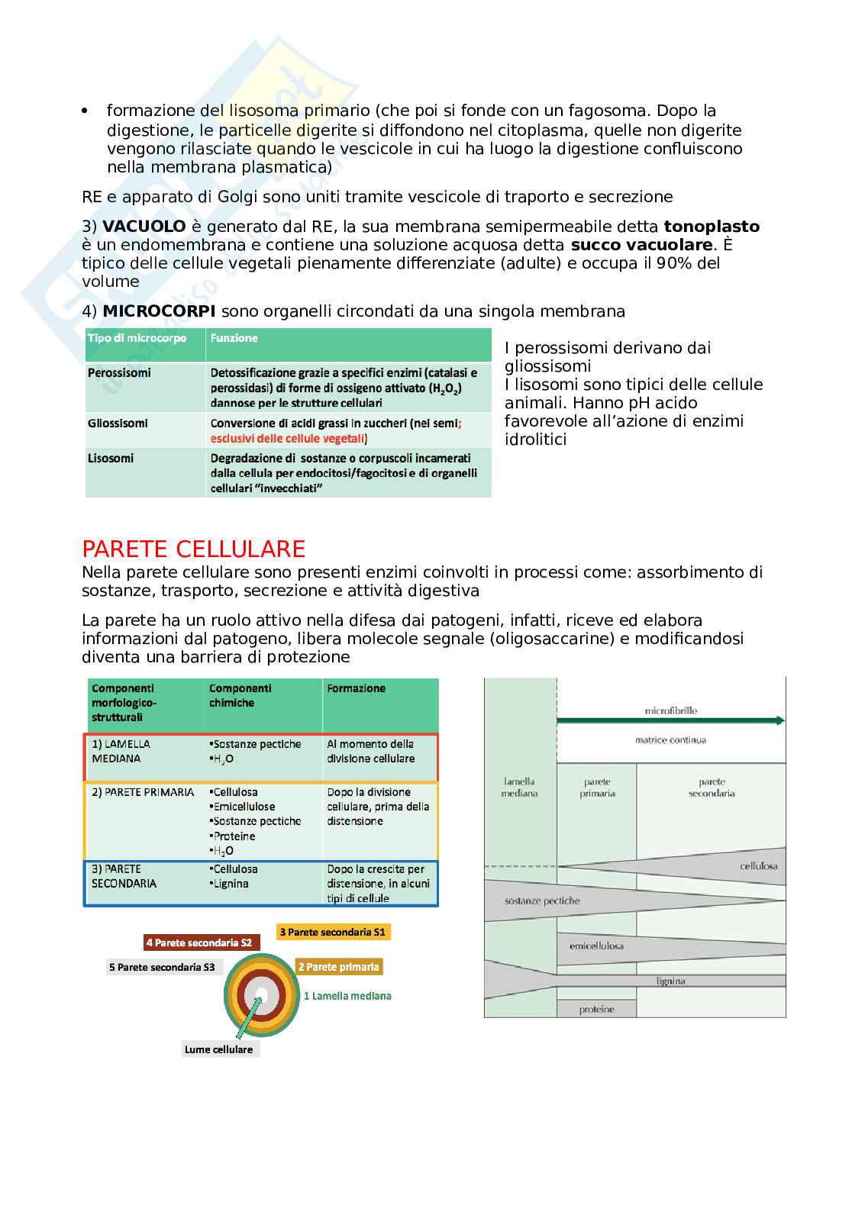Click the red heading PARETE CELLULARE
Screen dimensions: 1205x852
(x=193, y=549)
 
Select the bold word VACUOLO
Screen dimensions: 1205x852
(x=144, y=226)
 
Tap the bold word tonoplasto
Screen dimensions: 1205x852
(x=712, y=226)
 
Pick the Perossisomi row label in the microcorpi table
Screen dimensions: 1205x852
(x=119, y=372)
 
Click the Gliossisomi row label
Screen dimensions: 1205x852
(x=118, y=423)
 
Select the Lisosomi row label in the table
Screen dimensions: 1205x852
(x=111, y=458)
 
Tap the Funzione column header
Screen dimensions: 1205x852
(x=234, y=338)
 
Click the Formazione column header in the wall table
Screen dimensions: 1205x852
(x=356, y=688)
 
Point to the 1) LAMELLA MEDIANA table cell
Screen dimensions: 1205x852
(x=121, y=751)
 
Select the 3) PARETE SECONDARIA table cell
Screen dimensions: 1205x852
(x=124, y=876)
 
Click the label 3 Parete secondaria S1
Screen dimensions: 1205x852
(x=333, y=932)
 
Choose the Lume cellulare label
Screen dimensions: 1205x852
(x=218, y=1049)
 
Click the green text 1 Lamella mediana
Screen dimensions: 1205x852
(x=347, y=995)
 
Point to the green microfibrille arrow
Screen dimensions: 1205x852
(x=670, y=720)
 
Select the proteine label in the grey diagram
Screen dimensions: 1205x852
(x=596, y=1010)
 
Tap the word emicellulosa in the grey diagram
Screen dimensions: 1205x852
(x=596, y=946)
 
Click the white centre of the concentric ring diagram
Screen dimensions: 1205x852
(x=261, y=996)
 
